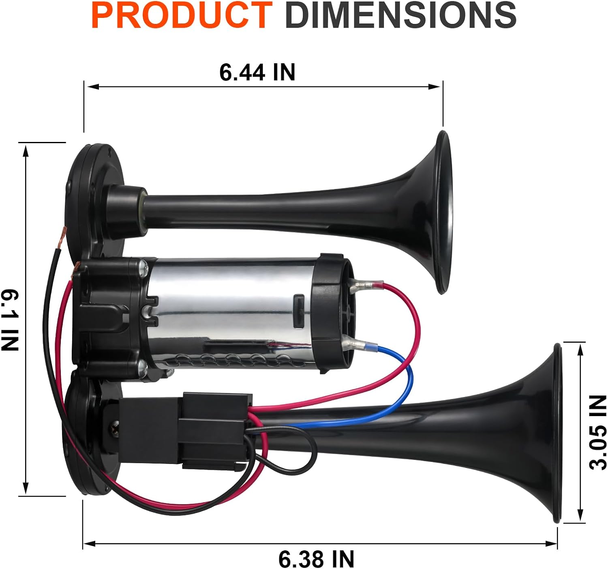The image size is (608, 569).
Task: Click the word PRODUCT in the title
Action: coord(182,15)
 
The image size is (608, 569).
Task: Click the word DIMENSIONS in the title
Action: coord(400,15)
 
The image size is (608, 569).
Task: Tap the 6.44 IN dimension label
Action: coord(257,72)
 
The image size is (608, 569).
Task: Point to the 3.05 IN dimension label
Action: coord(597,432)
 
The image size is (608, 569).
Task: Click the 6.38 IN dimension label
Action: coord(316,559)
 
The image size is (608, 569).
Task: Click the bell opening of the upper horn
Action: coord(444,212)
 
